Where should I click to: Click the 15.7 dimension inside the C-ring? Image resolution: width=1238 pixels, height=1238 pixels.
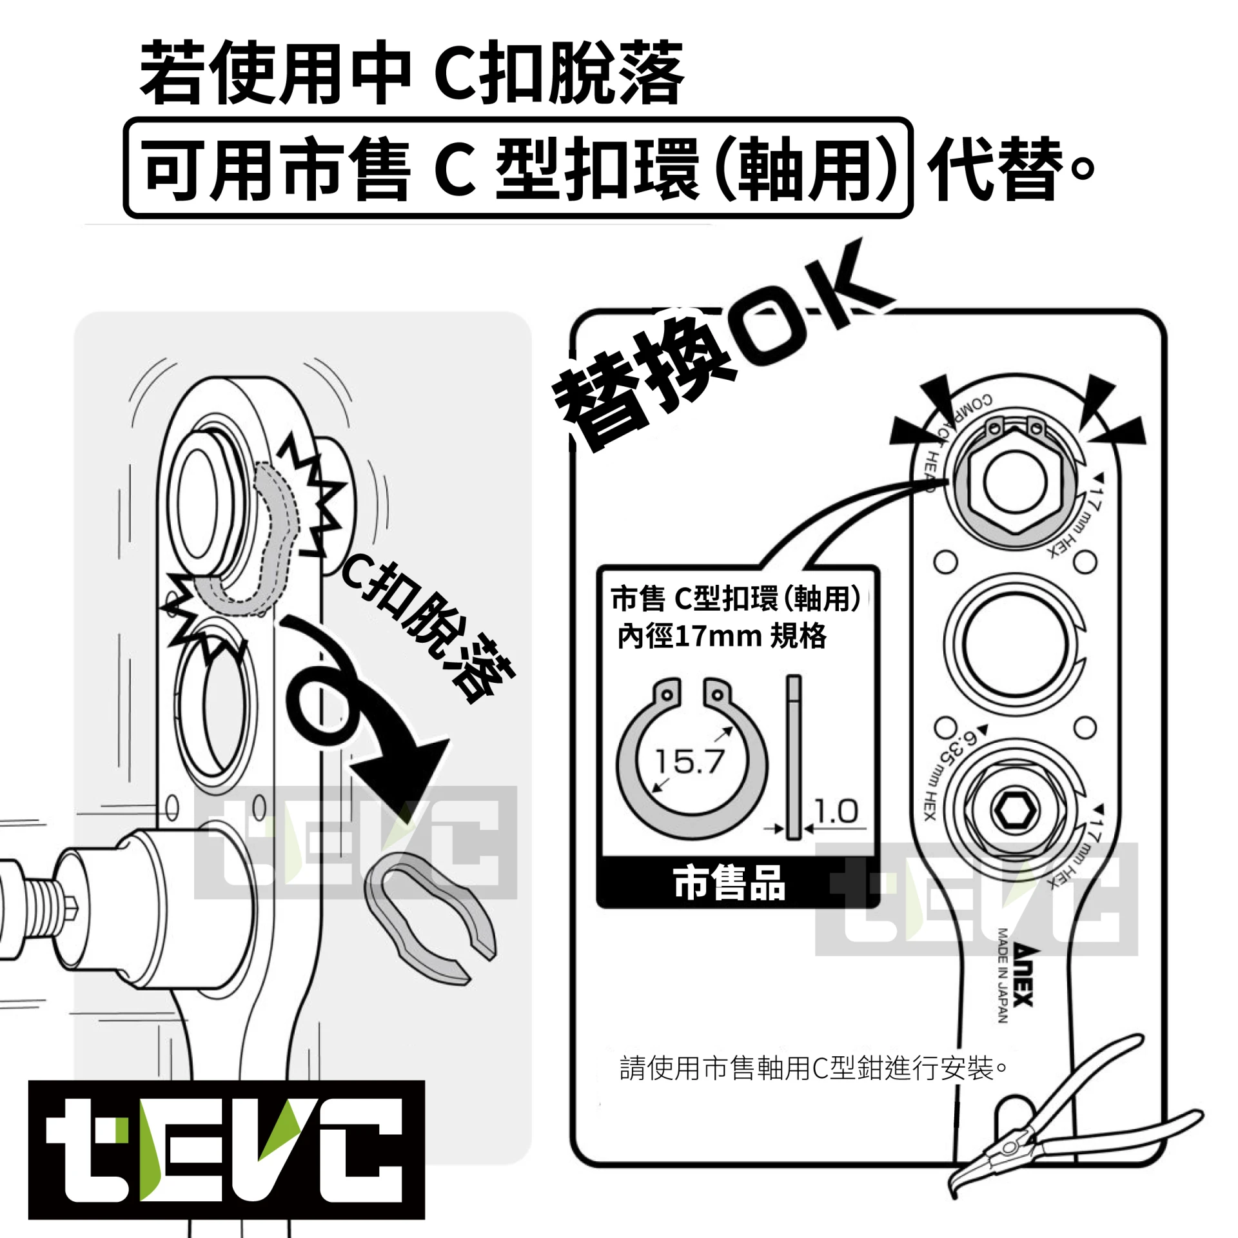click(x=689, y=761)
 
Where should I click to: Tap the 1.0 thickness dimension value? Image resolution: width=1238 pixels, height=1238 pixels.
click(x=836, y=811)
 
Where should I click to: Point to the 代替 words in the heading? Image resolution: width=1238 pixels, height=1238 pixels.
click(x=997, y=169)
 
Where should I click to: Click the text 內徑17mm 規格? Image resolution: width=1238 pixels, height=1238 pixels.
click(x=722, y=636)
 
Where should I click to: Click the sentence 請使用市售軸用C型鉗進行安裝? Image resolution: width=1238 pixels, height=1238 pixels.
click(x=812, y=1068)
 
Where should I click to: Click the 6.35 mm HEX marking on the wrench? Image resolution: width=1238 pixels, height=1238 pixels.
click(x=948, y=773)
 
